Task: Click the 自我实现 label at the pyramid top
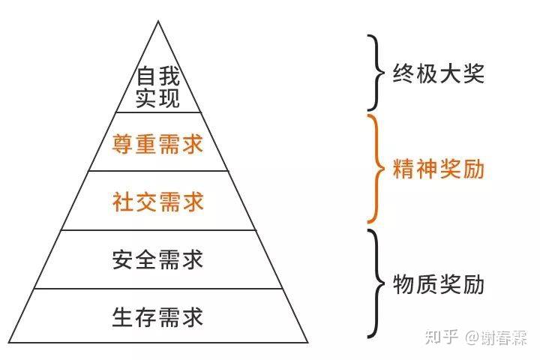pos(157,87)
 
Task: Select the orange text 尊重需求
pos(157,143)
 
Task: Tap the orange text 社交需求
pos(157,202)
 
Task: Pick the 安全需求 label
pos(157,259)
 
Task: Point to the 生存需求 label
pos(157,316)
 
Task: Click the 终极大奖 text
pos(439,73)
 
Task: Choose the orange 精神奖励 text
pos(439,169)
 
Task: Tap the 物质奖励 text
pos(439,284)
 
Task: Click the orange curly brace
pos(375,169)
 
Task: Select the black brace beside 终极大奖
pos(373,73)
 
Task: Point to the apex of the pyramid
pos(158,22)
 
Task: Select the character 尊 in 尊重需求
pos(124,143)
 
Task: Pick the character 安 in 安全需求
pos(124,259)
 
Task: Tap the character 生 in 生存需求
pos(124,316)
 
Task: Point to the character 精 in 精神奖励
pos(404,169)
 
